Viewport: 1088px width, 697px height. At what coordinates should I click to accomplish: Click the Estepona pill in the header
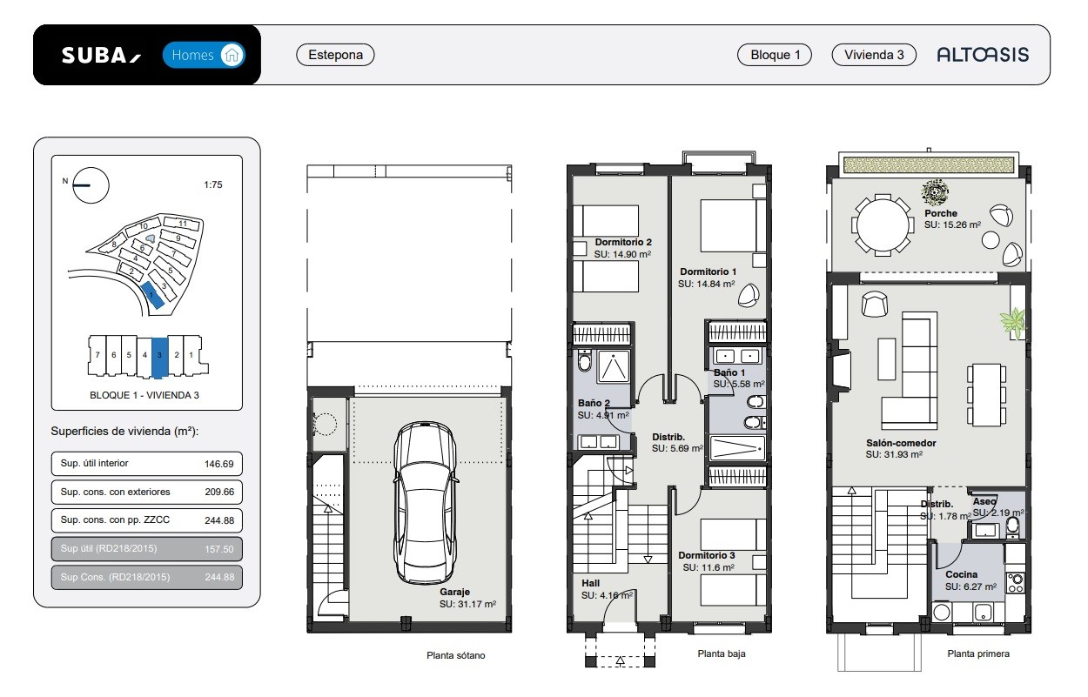(x=335, y=55)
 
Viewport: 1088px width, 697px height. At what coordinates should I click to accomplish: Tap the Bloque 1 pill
(x=775, y=55)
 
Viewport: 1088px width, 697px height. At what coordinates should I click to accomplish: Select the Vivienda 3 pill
(x=874, y=55)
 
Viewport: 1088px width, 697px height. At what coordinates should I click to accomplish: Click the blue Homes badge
(x=204, y=55)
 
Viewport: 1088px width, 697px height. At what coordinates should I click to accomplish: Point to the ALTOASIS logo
(x=983, y=55)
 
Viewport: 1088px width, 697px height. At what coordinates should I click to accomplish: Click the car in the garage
(x=425, y=502)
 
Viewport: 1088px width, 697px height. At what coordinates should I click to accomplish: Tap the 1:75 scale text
(x=212, y=184)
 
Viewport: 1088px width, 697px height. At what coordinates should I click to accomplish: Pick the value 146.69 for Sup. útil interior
(x=219, y=464)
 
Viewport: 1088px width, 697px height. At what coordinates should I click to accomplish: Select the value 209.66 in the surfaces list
(x=219, y=492)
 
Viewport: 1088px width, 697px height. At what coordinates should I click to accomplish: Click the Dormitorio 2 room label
(x=623, y=242)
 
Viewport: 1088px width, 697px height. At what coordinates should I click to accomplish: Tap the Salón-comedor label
(x=901, y=443)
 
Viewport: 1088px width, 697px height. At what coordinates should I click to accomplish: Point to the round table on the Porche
(x=883, y=225)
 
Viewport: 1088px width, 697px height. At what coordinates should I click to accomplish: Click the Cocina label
(x=961, y=574)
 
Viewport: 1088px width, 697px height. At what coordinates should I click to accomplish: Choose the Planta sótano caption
(x=455, y=655)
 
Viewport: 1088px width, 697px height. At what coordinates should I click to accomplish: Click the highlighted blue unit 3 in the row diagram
(x=159, y=357)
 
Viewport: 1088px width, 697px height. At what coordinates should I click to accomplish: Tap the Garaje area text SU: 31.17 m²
(x=467, y=604)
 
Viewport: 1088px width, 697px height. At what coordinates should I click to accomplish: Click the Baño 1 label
(x=729, y=372)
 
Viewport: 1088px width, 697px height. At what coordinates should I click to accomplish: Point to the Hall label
(x=591, y=583)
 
